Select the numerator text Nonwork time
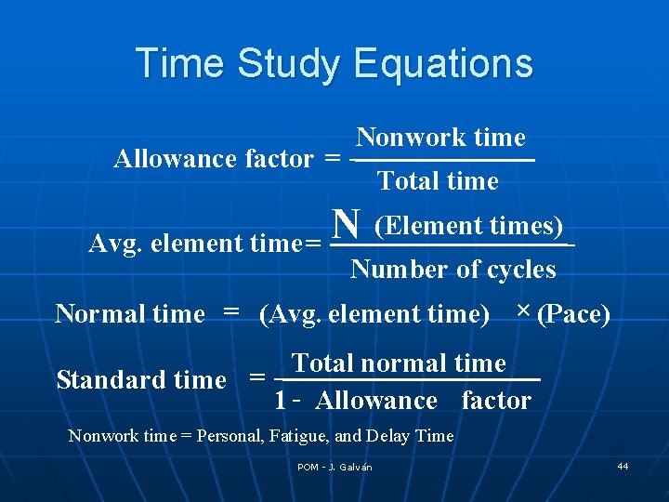pyautogui.click(x=441, y=138)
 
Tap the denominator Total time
pyautogui.click(x=439, y=180)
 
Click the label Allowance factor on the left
pyautogui.click(x=213, y=159)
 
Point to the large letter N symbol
pyautogui.click(x=348, y=223)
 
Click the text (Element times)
pyautogui.click(x=468, y=226)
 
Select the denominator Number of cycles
pyautogui.click(x=453, y=270)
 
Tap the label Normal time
pyautogui.click(x=129, y=314)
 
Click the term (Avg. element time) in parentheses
pyautogui.click(x=374, y=314)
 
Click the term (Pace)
pyautogui.click(x=573, y=314)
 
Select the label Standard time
pyautogui.click(x=141, y=379)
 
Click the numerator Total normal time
pyautogui.click(x=400, y=363)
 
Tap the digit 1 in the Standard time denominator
pyautogui.click(x=280, y=401)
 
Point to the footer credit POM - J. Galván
pyautogui.click(x=334, y=467)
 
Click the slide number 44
pyautogui.click(x=623, y=465)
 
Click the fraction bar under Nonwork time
pyautogui.click(x=444, y=161)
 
